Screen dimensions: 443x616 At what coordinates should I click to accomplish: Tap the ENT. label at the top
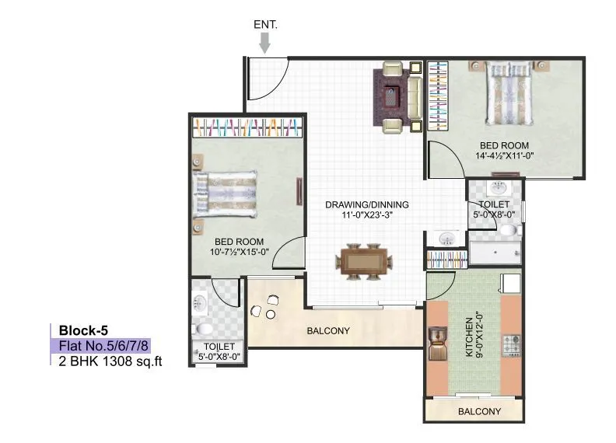coord(265,24)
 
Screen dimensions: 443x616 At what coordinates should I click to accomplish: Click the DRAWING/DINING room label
coord(366,205)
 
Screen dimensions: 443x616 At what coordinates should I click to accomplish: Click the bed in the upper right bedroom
coord(507,97)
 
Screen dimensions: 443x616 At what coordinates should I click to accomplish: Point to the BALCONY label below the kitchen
coord(478,412)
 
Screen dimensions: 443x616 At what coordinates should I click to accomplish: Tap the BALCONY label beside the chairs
coord(327,330)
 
